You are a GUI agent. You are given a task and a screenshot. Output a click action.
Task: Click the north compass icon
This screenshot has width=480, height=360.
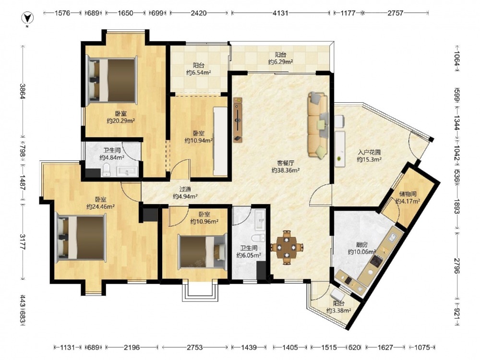coord(27,18)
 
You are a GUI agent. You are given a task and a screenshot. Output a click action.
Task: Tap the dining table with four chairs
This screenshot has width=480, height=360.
coord(287,247)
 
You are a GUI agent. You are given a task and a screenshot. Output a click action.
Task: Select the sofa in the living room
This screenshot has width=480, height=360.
coord(318,125)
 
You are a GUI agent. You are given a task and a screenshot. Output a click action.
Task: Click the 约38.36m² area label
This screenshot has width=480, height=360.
coord(285,170)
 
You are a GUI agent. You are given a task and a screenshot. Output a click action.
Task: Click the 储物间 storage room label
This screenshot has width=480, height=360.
coord(408,194)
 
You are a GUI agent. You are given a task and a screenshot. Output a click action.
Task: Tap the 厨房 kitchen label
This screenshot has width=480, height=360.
coord(362,245)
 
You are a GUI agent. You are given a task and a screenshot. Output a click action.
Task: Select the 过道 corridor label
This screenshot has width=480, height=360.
coord(185,189)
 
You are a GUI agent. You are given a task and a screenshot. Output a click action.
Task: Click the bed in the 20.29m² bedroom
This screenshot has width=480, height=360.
coord(111,79)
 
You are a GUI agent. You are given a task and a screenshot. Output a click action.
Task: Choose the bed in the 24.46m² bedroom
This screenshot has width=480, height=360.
coord(82,238)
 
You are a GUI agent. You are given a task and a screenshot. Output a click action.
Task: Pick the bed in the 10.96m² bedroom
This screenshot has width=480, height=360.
coord(203,252)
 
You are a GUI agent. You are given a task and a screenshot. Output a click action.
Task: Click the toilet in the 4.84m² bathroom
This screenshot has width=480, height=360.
coord(106,170)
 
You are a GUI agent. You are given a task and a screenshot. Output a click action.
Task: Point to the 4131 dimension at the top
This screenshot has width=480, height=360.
coord(280,13)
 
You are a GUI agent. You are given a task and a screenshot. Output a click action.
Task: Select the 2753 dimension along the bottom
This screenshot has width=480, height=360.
coord(195,348)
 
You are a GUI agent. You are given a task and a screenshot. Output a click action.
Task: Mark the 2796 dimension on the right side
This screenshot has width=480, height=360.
coord(457,266)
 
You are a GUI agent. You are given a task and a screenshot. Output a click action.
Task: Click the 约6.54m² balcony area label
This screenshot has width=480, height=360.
coord(199,72)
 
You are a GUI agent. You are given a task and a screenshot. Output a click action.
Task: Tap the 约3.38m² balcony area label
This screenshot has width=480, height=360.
coord(338,311)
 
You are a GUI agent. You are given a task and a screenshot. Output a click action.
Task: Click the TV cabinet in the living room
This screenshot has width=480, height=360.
coord(237,120)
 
